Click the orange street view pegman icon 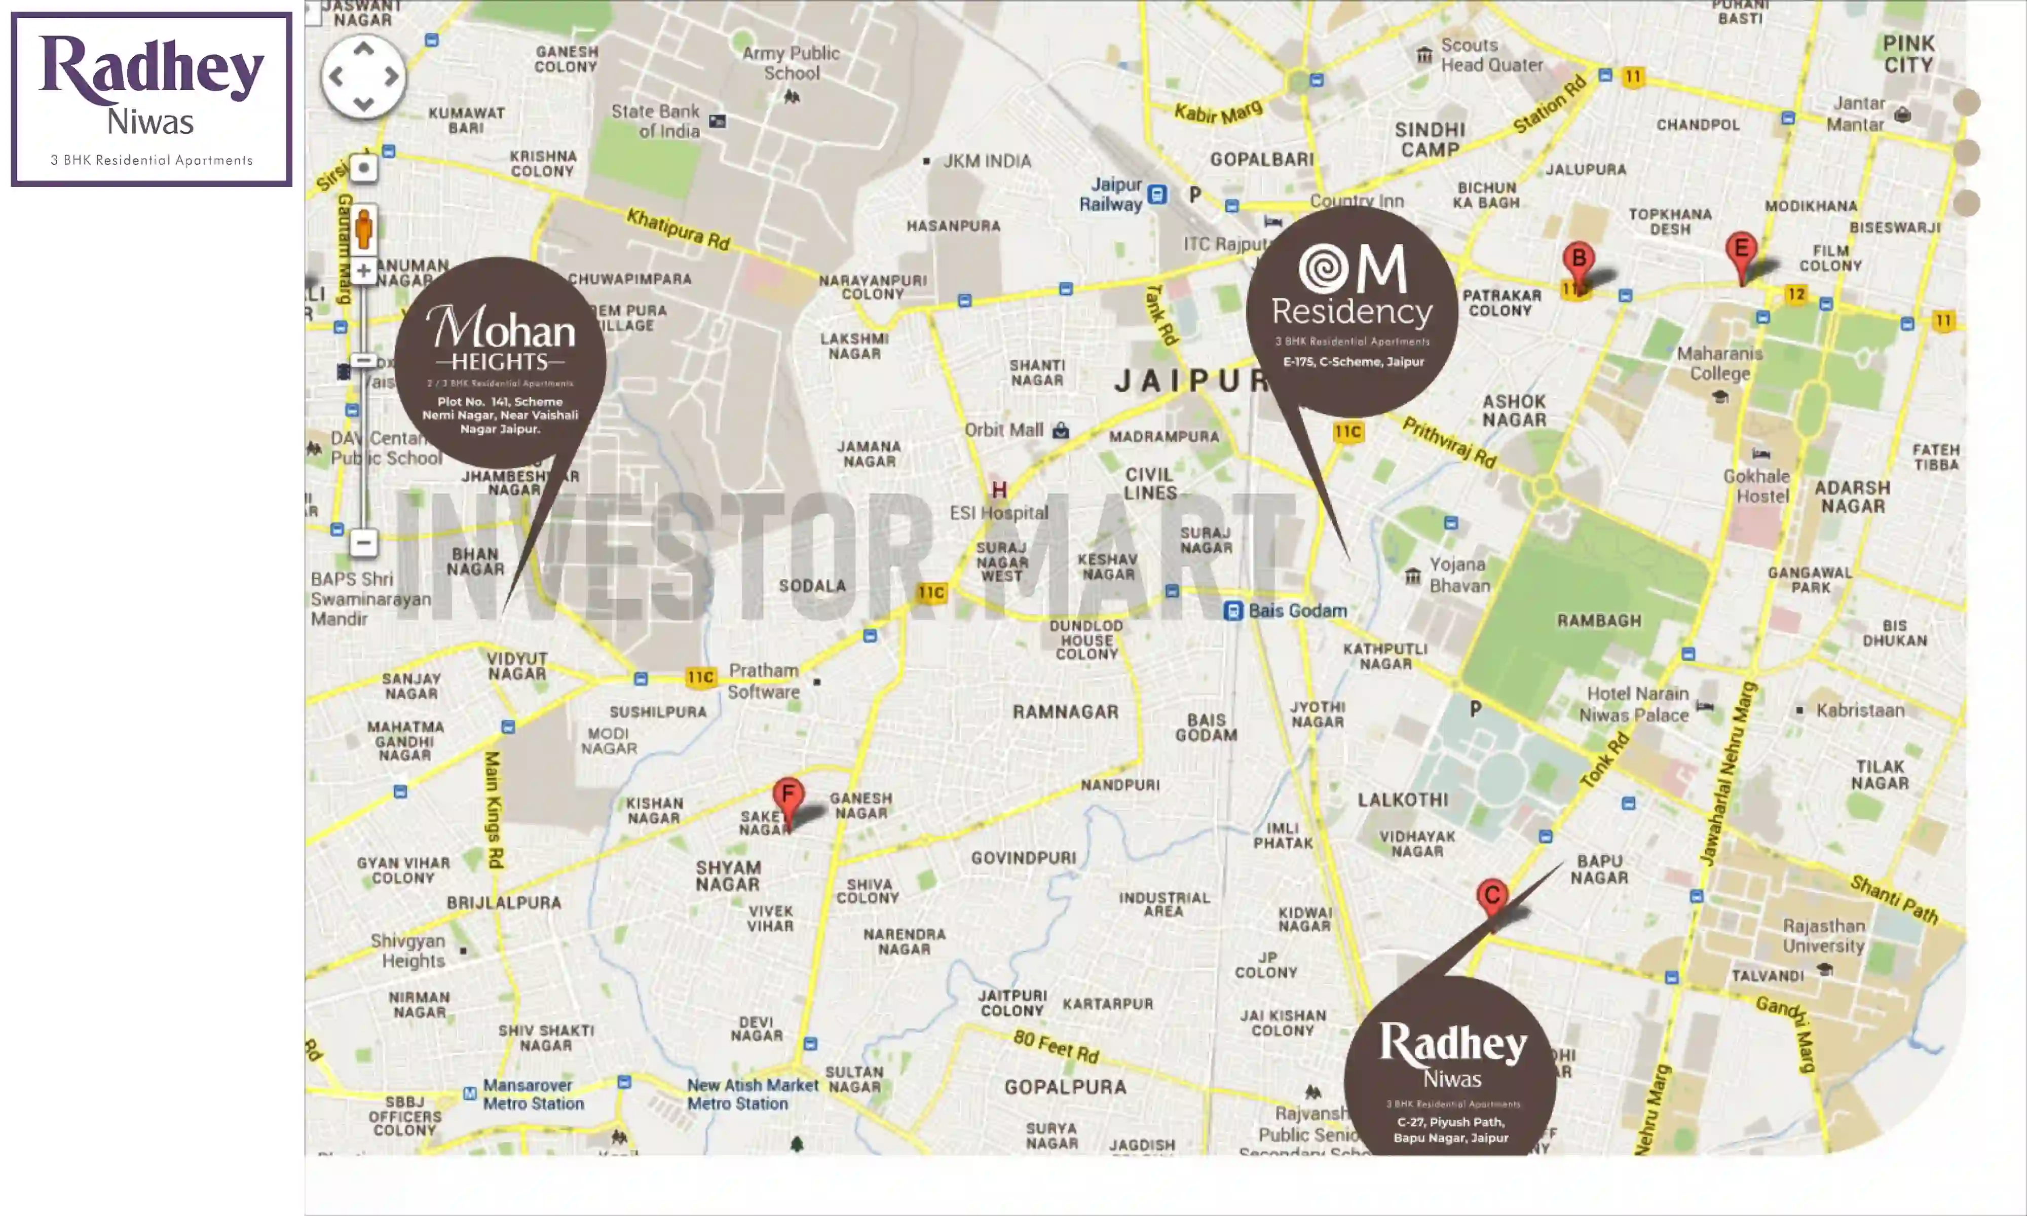tap(364, 228)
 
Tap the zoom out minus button tap(364, 543)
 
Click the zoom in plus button tap(364, 271)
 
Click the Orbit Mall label tap(1004, 430)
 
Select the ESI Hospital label tap(999, 513)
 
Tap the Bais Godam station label tap(1296, 611)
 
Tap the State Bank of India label tap(655, 121)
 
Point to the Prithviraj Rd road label tap(1449, 442)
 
